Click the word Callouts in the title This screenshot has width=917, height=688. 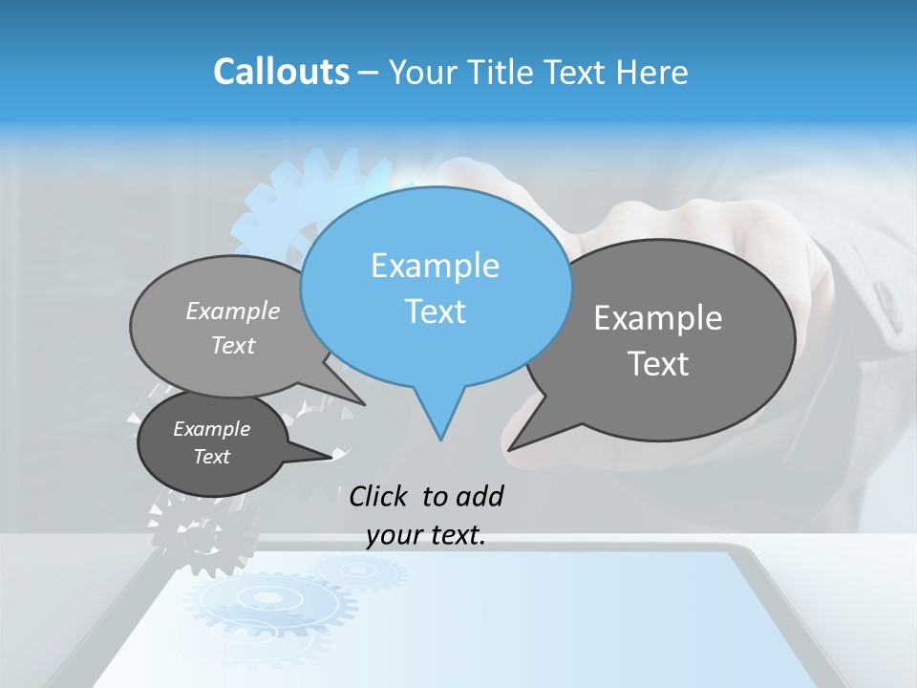click(x=281, y=72)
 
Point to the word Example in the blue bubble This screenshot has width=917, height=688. click(x=435, y=266)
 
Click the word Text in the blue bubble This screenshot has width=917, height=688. click(x=435, y=312)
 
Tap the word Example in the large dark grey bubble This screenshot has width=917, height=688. click(x=658, y=318)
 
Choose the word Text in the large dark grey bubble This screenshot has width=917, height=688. click(x=658, y=364)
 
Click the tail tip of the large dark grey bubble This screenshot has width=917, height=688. click(x=513, y=446)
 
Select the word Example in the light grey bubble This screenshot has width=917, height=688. click(x=233, y=311)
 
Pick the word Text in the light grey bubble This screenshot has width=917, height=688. click(x=233, y=345)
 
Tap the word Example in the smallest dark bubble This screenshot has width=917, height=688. click(x=211, y=429)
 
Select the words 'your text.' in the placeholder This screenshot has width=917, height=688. click(x=426, y=535)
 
